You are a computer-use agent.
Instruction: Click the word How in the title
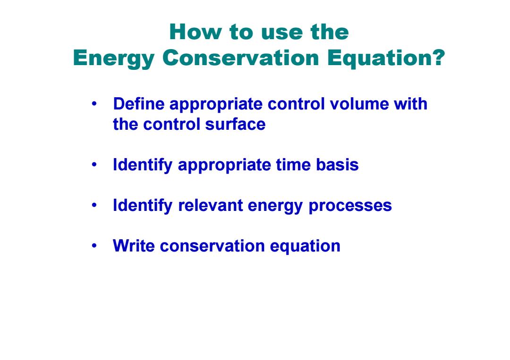(x=195, y=32)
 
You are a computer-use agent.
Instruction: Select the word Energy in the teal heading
(x=113, y=59)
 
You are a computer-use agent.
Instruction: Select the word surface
(x=235, y=124)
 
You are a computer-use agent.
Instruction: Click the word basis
(x=337, y=165)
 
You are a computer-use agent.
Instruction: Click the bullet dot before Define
(x=94, y=104)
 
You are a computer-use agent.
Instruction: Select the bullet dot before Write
(x=94, y=246)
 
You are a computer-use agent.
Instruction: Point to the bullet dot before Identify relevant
(x=94, y=205)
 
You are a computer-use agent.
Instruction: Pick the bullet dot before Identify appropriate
(x=94, y=165)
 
